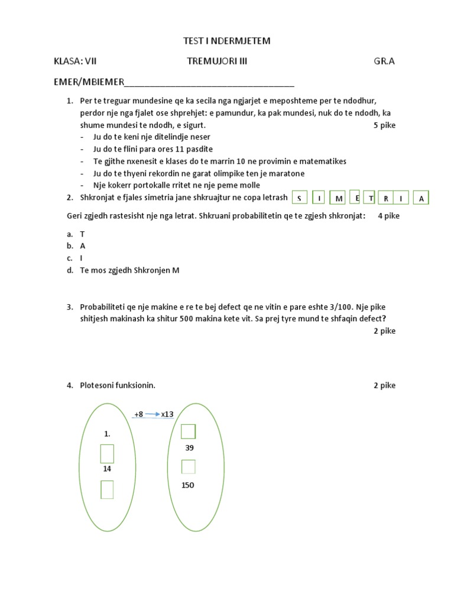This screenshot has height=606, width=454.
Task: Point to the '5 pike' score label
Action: pos(384,125)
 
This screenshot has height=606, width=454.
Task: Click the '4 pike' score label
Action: pos(388,215)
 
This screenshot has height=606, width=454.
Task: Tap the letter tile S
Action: pos(300,199)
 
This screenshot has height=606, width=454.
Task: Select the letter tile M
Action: pos(339,199)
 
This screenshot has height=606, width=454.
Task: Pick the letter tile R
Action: pos(385,199)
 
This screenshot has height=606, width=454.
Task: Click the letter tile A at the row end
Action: pos(421,199)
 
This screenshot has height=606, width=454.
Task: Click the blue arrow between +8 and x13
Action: pos(153,414)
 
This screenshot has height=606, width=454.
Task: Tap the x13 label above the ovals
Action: pos(167,414)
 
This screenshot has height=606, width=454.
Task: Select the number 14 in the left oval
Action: pos(107,468)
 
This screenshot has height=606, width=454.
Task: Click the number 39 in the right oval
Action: pos(189,448)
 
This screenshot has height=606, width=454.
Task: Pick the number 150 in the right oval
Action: pos(188,485)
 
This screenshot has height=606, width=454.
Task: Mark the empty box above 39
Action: pos(188,431)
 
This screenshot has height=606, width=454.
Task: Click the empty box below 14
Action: pos(107,489)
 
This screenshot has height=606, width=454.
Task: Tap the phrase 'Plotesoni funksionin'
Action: pos(118,385)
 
